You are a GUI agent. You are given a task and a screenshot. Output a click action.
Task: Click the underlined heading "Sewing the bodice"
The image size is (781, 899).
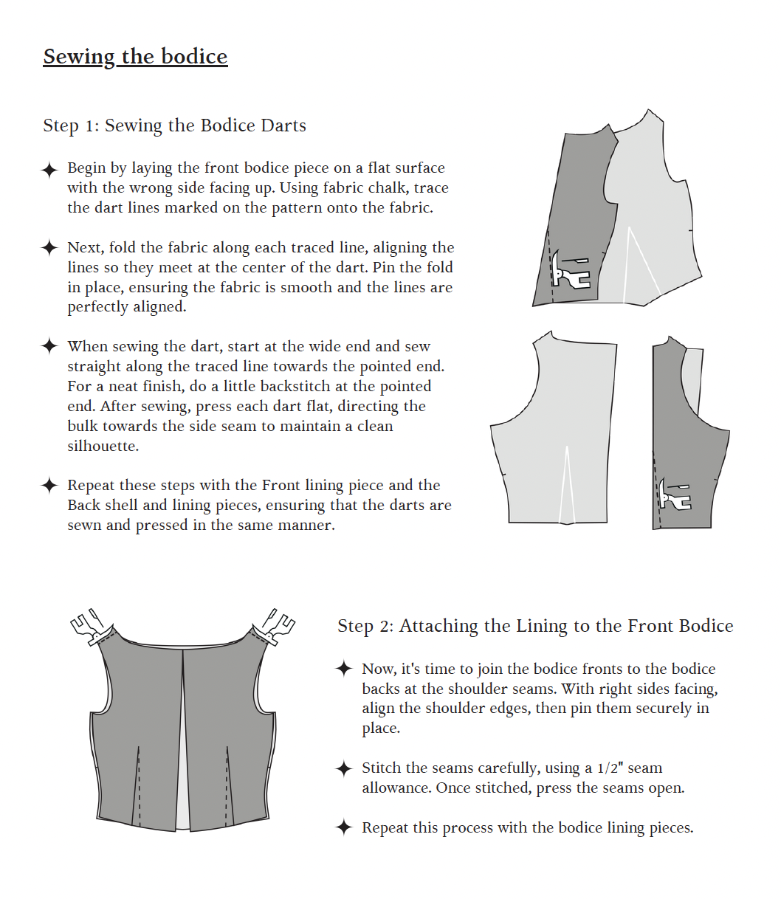tap(135, 57)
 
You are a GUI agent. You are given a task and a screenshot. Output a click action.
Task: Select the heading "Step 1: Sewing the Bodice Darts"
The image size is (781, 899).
tap(174, 125)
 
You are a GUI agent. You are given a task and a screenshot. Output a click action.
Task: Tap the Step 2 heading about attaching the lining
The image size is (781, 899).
tap(535, 626)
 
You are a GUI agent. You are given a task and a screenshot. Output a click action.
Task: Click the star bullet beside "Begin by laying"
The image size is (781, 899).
tap(49, 170)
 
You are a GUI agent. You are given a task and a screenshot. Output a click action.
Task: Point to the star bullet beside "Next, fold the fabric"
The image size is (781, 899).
tap(49, 248)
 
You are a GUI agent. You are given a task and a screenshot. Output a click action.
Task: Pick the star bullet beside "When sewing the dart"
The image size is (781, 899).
tap(49, 346)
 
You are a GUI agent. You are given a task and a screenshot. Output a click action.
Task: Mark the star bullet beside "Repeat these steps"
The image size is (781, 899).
tap(49, 486)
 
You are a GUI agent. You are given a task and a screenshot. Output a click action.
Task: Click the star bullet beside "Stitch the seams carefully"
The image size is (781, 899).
tap(343, 768)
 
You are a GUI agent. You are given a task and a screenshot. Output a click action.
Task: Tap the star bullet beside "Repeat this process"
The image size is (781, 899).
tap(343, 827)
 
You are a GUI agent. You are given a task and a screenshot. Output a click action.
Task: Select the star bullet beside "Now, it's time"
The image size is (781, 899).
tap(343, 669)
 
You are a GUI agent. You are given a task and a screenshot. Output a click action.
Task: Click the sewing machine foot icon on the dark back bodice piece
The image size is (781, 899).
tap(675, 495)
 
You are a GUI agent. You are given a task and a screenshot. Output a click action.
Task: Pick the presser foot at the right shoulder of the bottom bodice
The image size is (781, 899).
tap(275, 627)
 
